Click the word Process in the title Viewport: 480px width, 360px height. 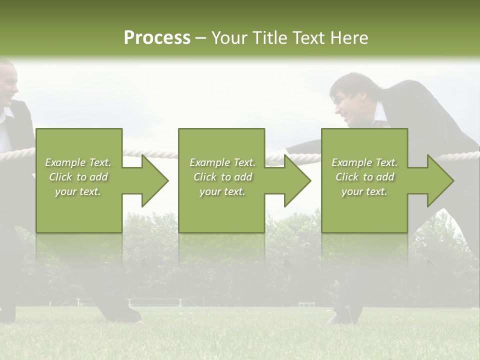click(x=157, y=37)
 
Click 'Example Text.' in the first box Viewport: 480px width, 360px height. click(x=78, y=162)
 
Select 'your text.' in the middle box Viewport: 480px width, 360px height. click(x=222, y=191)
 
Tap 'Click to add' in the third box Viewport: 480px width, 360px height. click(x=364, y=177)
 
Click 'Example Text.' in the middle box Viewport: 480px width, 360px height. click(x=222, y=162)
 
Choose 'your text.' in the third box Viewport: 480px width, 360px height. click(x=364, y=191)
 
